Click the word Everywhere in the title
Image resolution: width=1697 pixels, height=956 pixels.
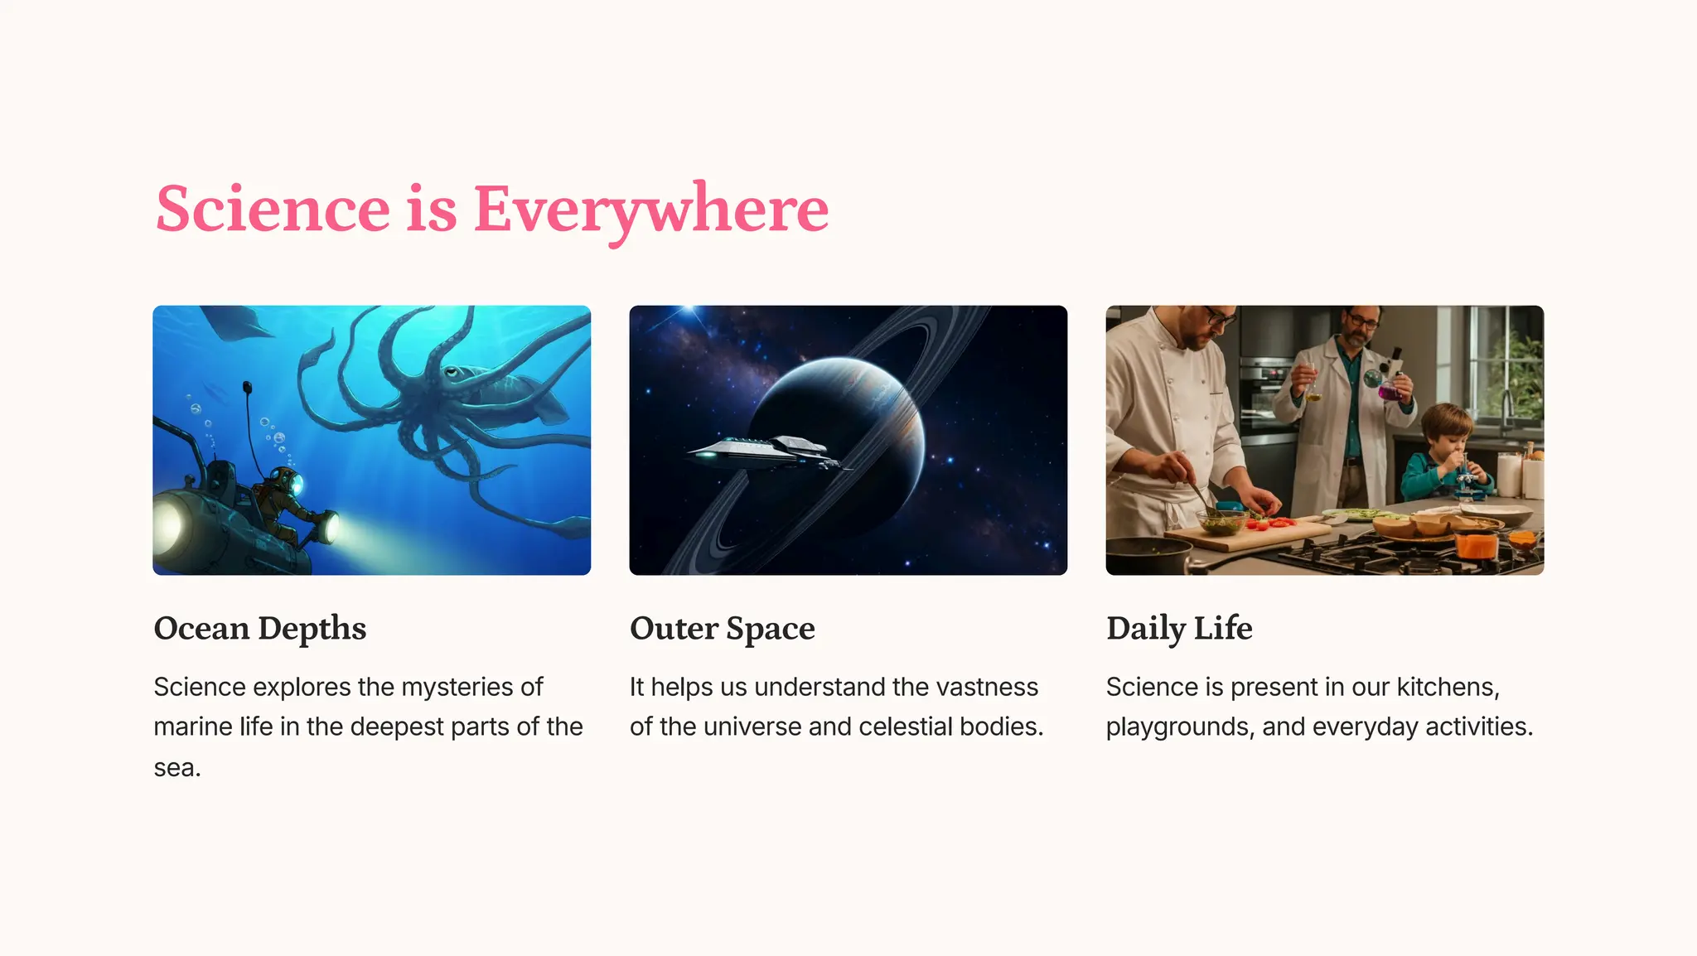coord(650,209)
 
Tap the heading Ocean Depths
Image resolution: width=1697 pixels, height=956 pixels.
coord(260,628)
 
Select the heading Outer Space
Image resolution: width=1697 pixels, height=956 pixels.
coord(722,628)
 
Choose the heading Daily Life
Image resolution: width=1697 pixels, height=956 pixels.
coord(1178,628)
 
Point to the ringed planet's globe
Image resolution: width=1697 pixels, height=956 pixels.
coord(837,431)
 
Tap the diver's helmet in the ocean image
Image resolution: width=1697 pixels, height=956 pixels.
coord(287,480)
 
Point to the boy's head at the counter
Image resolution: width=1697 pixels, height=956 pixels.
coord(1449,429)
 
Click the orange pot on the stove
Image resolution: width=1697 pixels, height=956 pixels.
coord(1476,543)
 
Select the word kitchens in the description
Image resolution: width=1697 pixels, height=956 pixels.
coord(1447,687)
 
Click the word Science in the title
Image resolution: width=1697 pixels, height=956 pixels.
coord(273,209)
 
